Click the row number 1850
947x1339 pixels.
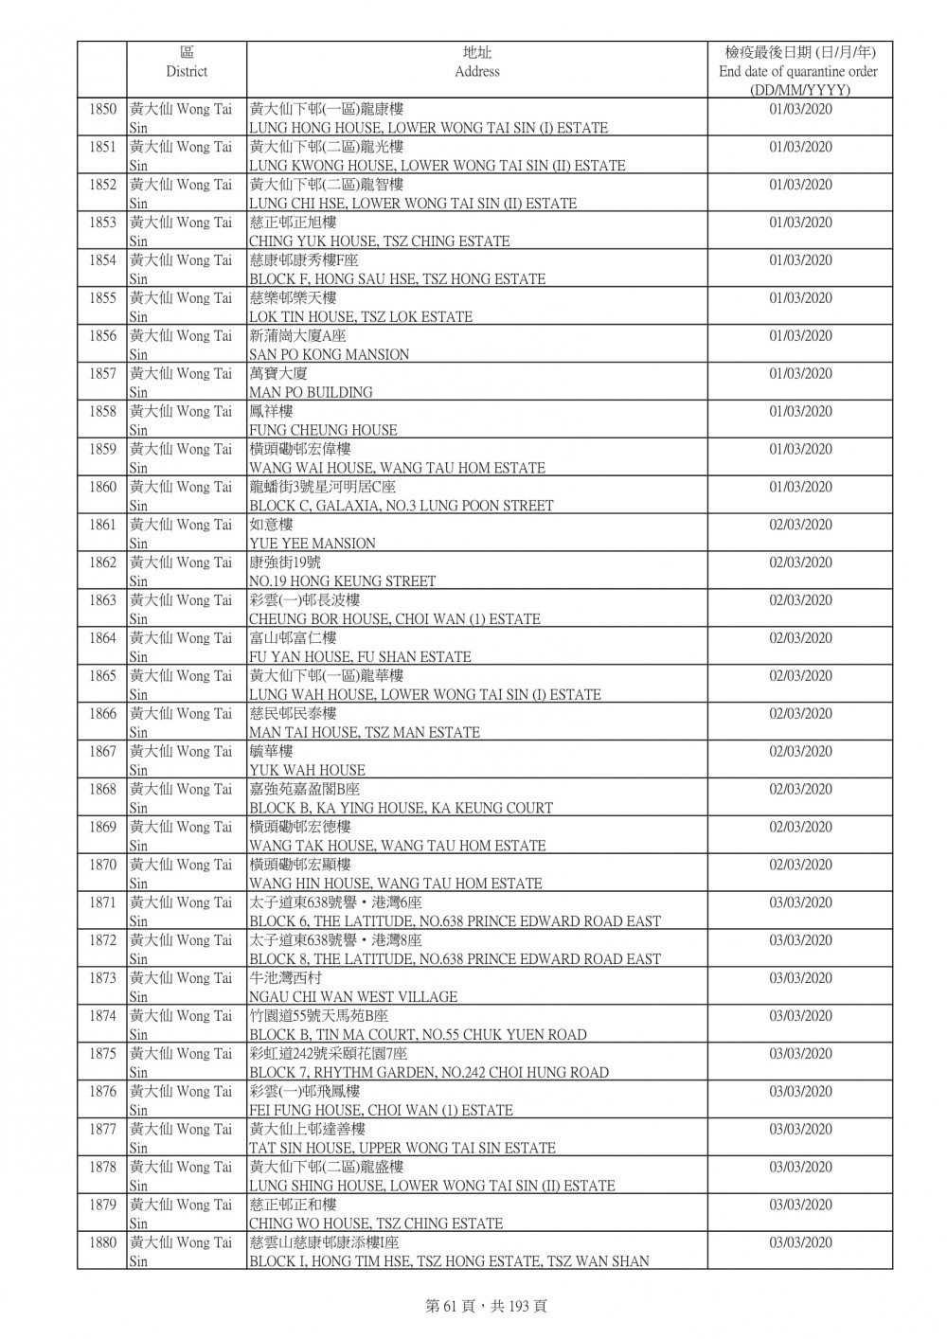point(102,109)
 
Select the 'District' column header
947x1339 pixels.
point(187,71)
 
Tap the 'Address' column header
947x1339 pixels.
point(476,71)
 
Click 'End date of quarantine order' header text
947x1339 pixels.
point(798,71)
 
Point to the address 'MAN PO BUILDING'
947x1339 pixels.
point(311,392)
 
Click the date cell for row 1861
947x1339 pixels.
point(800,525)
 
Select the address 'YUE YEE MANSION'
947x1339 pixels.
point(313,544)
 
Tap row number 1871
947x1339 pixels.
point(102,902)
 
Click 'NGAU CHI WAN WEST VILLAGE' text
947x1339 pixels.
point(353,997)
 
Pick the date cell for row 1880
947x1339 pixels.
point(800,1242)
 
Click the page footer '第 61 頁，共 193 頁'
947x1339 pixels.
point(473,1306)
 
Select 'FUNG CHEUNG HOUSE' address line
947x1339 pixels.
point(323,430)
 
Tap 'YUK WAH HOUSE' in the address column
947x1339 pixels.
point(307,770)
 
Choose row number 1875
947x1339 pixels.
point(102,1053)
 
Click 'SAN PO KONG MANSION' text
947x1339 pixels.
point(329,354)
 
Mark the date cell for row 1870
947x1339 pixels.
point(800,865)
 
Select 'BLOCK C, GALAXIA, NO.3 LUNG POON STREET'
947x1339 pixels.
point(401,506)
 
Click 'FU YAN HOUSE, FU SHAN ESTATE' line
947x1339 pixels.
point(360,656)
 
